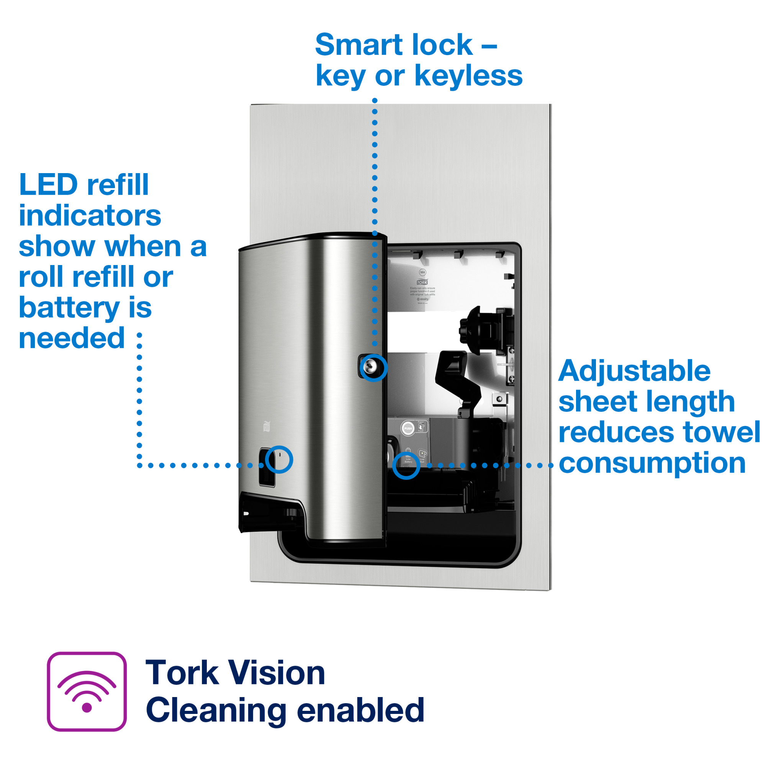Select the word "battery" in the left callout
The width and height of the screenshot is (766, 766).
pyautogui.click(x=69, y=308)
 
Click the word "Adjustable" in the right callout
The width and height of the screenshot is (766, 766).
pyautogui.click(x=634, y=371)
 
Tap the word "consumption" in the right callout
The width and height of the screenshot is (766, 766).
pyautogui.click(x=652, y=463)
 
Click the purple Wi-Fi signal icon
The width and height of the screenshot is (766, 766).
pyautogui.click(x=87, y=691)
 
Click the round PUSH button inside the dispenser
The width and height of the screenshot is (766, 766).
pyautogui.click(x=408, y=428)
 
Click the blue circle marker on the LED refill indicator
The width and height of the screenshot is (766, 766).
pyautogui.click(x=279, y=460)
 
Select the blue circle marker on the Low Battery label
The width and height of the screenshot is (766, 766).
pyautogui.click(x=406, y=466)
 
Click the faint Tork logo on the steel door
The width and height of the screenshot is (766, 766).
pyautogui.click(x=267, y=427)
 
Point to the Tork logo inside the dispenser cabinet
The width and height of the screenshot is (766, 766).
pyautogui.click(x=422, y=282)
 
